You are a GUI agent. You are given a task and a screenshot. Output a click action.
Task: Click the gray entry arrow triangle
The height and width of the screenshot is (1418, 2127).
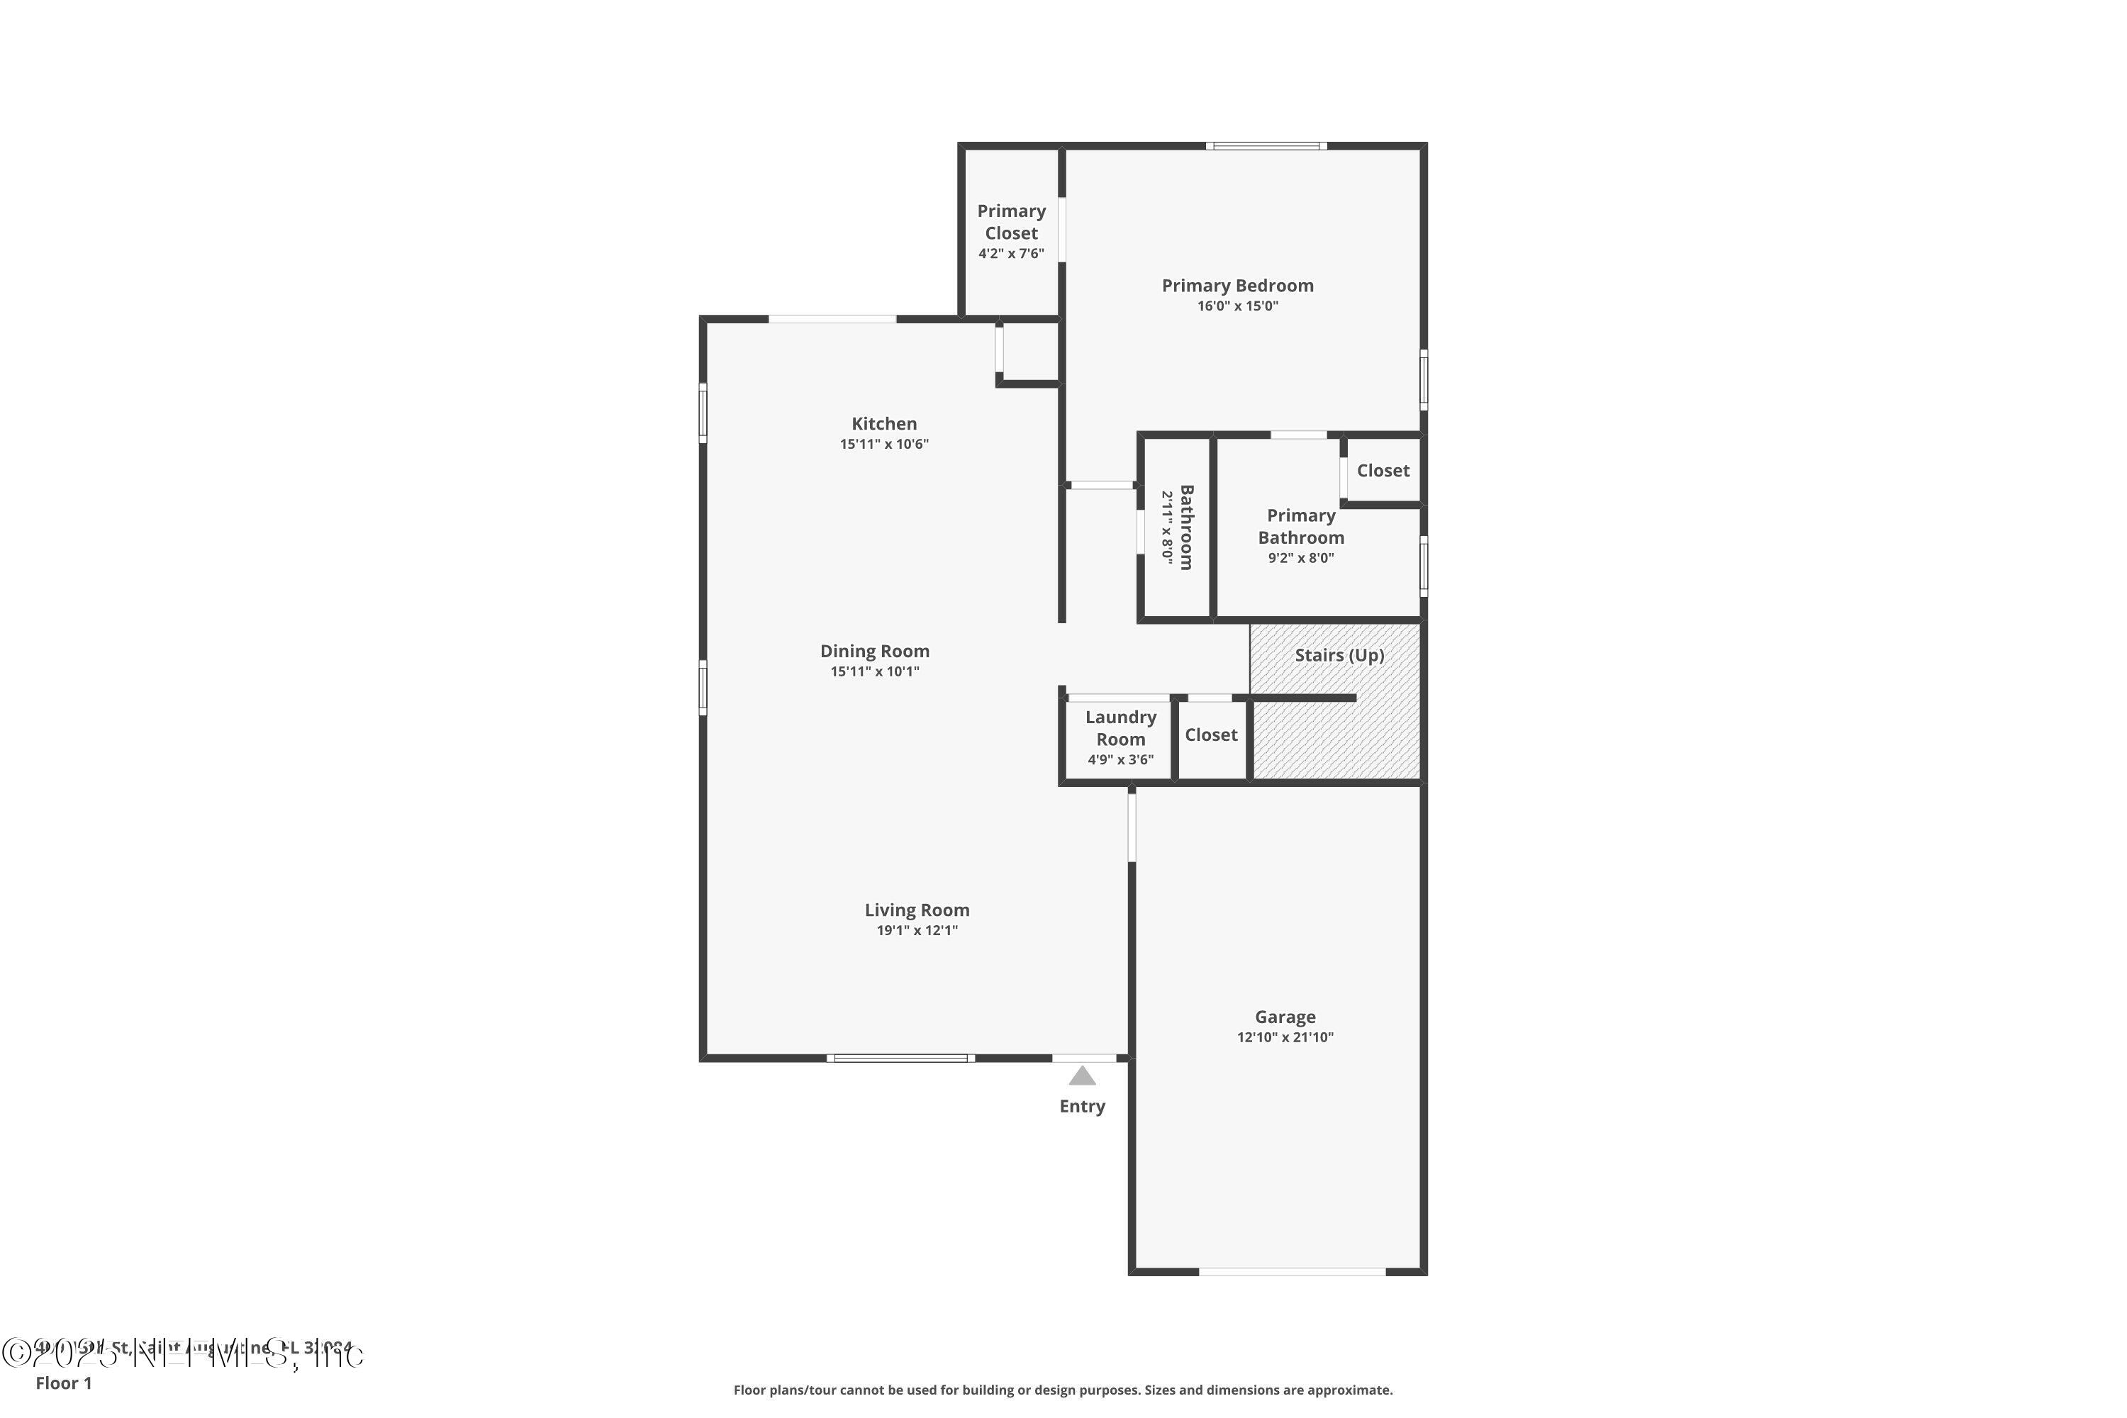click(x=1082, y=1076)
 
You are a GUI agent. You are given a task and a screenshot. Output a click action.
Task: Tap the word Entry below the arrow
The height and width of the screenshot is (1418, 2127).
click(x=1082, y=1106)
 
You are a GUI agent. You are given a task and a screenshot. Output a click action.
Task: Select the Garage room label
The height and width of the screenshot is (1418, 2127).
click(x=1284, y=1017)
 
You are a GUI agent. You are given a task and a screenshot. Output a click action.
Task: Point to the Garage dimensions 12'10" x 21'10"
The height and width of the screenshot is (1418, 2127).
click(x=1284, y=1037)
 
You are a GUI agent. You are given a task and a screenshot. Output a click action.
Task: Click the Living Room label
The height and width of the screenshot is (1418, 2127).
click(x=916, y=910)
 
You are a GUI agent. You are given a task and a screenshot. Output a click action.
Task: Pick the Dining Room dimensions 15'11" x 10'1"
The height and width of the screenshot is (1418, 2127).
click(x=874, y=671)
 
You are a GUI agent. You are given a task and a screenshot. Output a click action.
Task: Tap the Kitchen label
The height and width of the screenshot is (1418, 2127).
click(x=883, y=423)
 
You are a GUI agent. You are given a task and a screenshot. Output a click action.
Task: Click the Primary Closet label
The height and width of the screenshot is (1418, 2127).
click(x=1011, y=221)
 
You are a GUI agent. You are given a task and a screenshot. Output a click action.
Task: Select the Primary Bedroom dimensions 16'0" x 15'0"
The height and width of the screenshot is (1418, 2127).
click(x=1237, y=306)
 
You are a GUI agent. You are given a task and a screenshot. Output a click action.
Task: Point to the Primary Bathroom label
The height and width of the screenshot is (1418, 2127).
click(x=1300, y=526)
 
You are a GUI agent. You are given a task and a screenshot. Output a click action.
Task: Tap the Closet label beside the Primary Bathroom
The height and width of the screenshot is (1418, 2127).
click(x=1383, y=470)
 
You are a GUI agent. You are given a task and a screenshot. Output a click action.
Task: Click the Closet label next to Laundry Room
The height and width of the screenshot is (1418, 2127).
click(x=1211, y=735)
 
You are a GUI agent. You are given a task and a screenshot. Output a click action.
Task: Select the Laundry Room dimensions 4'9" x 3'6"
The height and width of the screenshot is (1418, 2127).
click(x=1120, y=759)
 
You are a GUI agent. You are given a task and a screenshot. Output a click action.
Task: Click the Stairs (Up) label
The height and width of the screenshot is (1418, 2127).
click(x=1339, y=654)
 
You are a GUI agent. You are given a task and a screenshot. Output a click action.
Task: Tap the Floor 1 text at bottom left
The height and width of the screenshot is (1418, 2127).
click(x=63, y=1383)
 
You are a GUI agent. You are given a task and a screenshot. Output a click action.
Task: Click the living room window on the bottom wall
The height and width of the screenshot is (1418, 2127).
click(x=900, y=1058)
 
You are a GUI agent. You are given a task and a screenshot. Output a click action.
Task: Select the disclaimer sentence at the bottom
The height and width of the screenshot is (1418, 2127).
click(x=1063, y=1390)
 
